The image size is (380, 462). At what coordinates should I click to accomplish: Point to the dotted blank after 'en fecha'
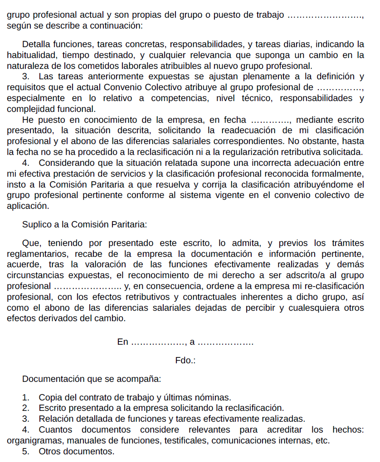pos(272,120)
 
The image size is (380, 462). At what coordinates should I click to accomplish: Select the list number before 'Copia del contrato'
pos(26,398)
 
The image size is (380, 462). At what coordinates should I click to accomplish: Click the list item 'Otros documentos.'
pos(77,451)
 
